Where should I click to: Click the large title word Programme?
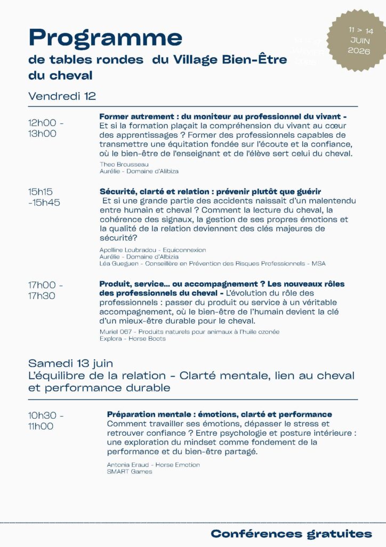105,38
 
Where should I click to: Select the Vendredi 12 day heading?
62,96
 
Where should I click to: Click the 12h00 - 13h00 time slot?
45,128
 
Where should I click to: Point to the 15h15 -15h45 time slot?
44,197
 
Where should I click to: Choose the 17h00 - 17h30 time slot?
45,290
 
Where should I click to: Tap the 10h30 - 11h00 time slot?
45,420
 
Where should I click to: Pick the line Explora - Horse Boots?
132,339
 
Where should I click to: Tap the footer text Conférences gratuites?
291,534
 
